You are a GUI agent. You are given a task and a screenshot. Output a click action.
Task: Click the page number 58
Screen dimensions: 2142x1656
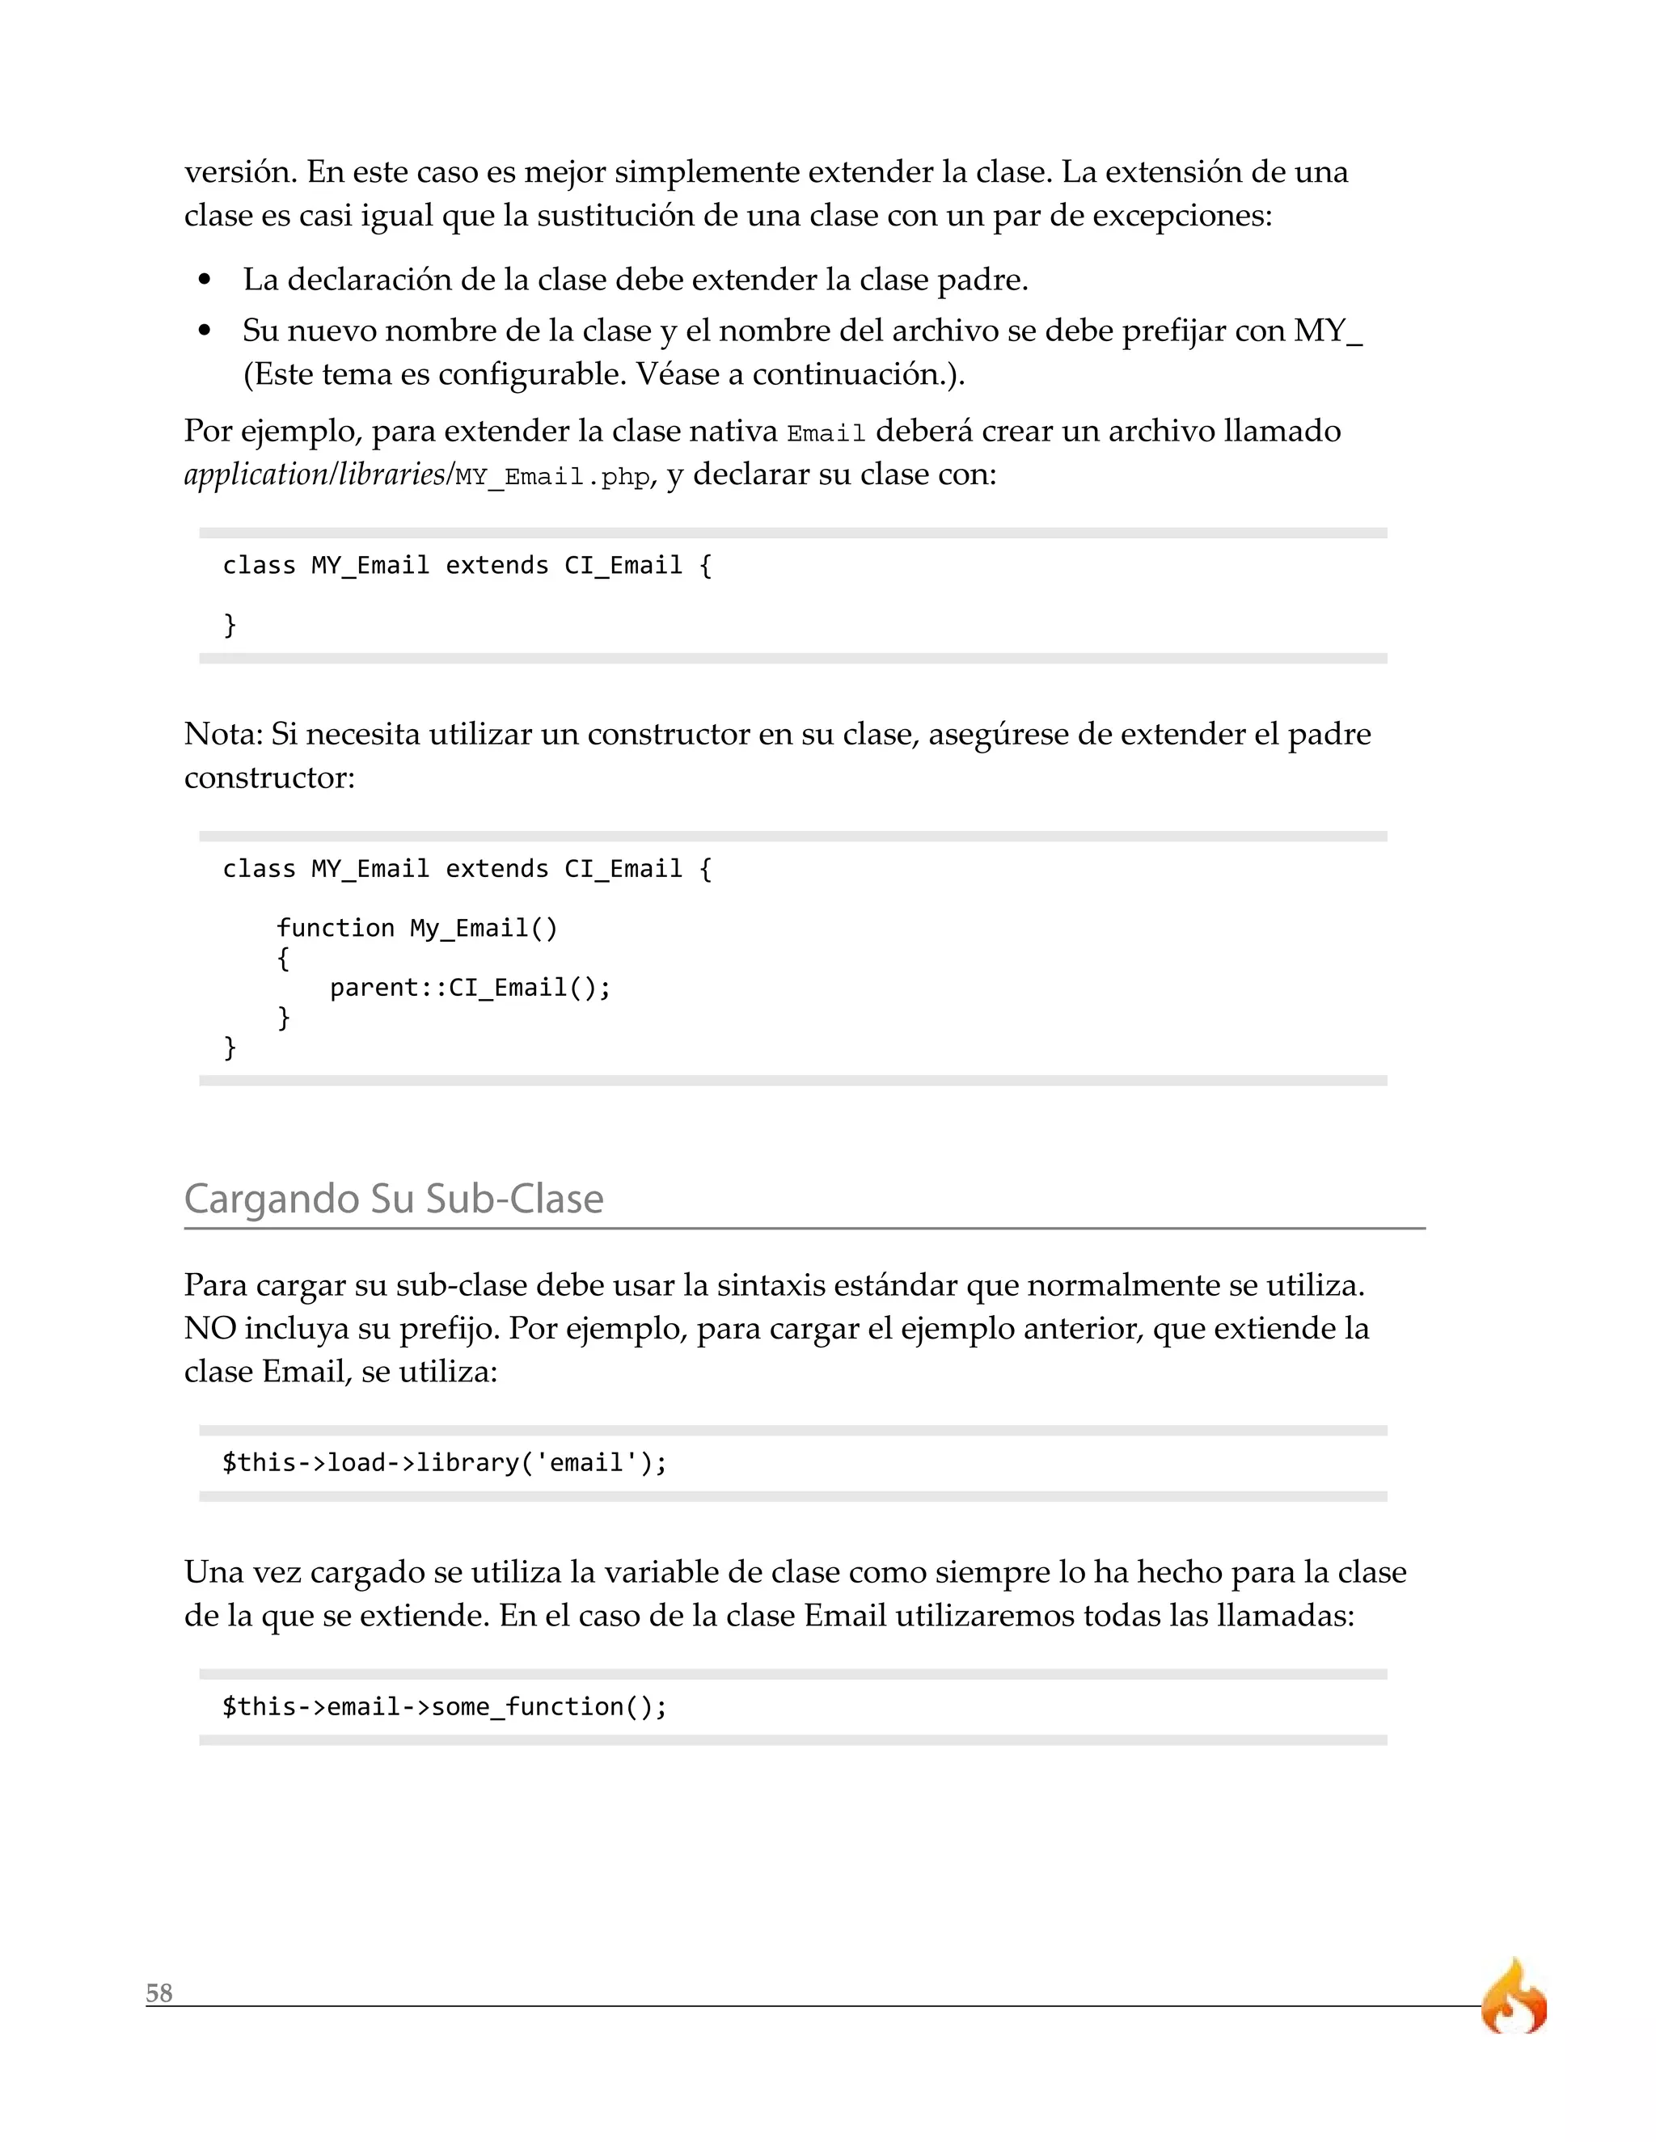pyautogui.click(x=159, y=1993)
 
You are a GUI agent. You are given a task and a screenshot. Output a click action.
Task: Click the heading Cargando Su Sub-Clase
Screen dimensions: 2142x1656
pyautogui.click(x=394, y=1199)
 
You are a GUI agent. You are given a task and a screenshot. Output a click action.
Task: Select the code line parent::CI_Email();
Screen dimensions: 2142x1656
pyautogui.click(x=470, y=987)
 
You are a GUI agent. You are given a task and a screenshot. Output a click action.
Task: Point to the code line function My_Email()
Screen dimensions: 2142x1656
pyautogui.click(x=417, y=928)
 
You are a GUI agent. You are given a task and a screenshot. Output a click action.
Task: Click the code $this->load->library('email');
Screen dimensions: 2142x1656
pyautogui.click(x=445, y=1462)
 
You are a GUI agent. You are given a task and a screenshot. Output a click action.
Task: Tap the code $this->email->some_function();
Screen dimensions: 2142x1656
pyautogui.click(x=445, y=1706)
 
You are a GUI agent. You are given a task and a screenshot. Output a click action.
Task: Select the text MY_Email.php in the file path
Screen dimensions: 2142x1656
pyautogui.click(x=553, y=478)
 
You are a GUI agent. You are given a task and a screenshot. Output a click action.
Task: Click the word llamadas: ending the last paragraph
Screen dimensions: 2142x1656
pyautogui.click(x=1285, y=1614)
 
